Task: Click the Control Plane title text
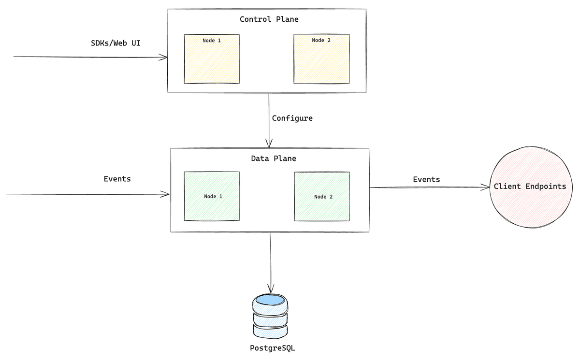tap(269, 19)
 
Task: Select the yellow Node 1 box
tap(212, 59)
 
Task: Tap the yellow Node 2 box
tap(321, 59)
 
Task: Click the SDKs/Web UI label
tap(116, 43)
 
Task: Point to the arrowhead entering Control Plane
tap(164, 58)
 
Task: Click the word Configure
tap(292, 118)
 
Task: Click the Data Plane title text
tap(273, 158)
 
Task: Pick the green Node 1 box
tap(212, 196)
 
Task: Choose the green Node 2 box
tap(321, 196)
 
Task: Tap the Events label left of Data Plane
tap(117, 179)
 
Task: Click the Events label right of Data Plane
tap(426, 179)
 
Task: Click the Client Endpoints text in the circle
tap(530, 187)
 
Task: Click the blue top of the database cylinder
tap(270, 300)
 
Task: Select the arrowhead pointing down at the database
tap(271, 288)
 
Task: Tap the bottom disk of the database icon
tap(271, 331)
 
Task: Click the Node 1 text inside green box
tap(213, 196)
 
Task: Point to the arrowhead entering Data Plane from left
tap(166, 195)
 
